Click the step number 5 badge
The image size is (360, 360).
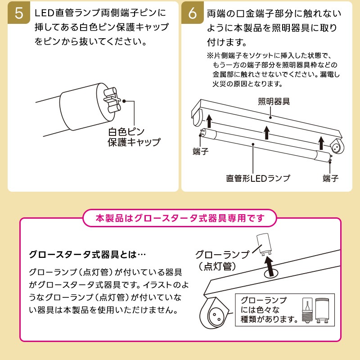coord(18,13)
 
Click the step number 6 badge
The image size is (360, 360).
coord(192,13)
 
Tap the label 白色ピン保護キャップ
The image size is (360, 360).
coord(134,137)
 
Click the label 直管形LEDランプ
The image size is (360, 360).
coord(258,178)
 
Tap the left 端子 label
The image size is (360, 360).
coord(200,152)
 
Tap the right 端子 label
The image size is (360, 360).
coord(331,178)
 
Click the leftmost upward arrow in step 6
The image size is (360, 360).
coord(209,121)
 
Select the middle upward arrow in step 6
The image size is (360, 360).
coord(266,132)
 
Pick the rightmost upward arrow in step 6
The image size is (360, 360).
coord(320,143)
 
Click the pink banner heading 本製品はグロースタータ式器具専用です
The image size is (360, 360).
coord(180,218)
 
